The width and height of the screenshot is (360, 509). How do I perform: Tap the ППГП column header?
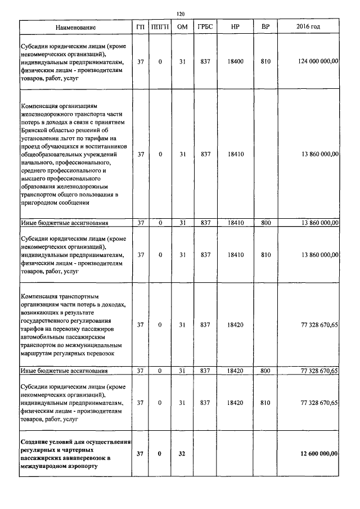pos(160,28)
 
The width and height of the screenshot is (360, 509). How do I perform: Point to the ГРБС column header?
pos(205,28)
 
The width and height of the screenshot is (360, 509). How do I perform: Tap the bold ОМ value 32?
pos(182,453)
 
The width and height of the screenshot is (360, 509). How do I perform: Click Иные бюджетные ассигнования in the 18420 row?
pos(64,371)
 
